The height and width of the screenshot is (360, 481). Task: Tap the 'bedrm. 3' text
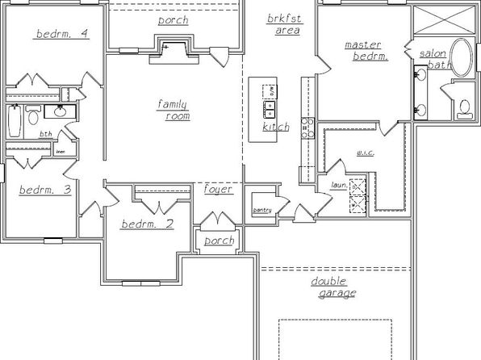pos(44,190)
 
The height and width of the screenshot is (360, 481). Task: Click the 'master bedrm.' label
pos(366,51)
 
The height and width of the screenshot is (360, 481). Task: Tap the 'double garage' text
pos(333,287)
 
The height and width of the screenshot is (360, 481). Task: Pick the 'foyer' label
pos(218,190)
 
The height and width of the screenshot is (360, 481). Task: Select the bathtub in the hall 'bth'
pos(15,122)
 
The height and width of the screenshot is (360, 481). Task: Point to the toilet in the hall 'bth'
pos(34,118)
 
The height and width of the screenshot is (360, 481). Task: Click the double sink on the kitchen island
pos(270,106)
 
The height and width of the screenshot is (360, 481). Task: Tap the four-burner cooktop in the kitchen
pos(306,128)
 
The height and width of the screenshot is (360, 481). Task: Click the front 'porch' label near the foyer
pos(218,241)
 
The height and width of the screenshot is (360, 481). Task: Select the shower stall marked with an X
pos(442,19)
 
